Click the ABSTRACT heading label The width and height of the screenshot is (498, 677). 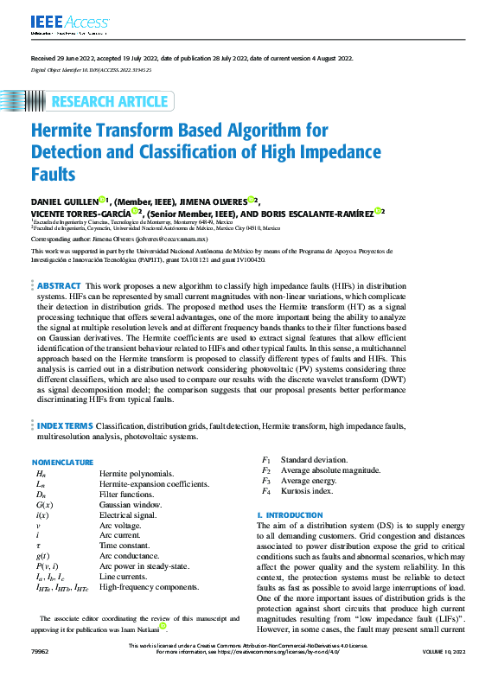59,285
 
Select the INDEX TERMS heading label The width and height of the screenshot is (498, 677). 65,426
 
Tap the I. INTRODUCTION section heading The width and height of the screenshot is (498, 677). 290,515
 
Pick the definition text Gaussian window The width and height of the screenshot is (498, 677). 131,504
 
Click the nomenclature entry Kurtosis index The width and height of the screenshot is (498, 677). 307,491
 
